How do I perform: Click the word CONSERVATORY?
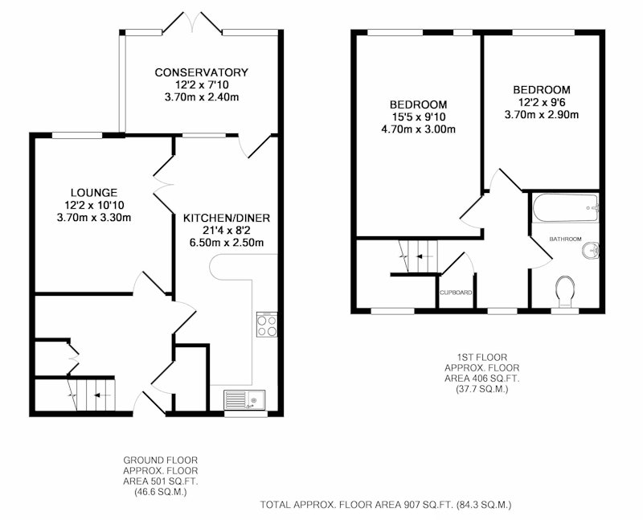(x=202, y=72)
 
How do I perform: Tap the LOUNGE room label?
(x=94, y=192)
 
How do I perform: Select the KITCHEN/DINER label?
(x=227, y=218)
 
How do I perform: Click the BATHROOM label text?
(x=566, y=239)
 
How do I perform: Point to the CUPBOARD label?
(x=456, y=293)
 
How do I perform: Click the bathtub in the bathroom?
(x=566, y=208)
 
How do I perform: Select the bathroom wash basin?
(x=591, y=251)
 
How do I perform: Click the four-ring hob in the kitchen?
(x=267, y=325)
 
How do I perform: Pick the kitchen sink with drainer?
(x=244, y=399)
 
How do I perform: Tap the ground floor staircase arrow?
(x=103, y=395)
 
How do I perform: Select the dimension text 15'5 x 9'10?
(x=418, y=117)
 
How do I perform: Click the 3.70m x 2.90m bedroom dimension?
(x=541, y=115)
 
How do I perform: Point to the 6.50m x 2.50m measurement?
(x=227, y=243)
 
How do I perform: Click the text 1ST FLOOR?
(x=481, y=358)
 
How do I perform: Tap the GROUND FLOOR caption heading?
(x=160, y=461)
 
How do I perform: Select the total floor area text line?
(x=386, y=505)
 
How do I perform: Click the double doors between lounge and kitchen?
(x=164, y=184)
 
